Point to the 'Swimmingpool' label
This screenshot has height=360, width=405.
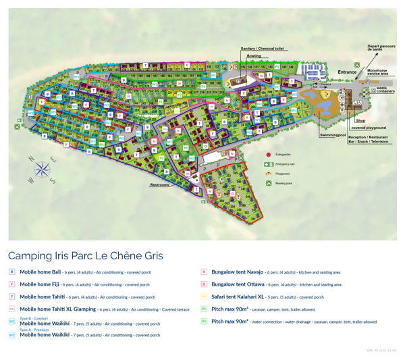[x=332, y=135]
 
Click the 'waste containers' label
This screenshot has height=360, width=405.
[x=385, y=91]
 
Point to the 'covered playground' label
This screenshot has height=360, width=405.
[x=368, y=128]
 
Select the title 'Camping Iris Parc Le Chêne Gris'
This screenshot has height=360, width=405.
[x=86, y=256]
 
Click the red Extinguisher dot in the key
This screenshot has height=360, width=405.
[x=269, y=155]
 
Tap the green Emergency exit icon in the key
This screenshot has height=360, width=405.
[x=269, y=164]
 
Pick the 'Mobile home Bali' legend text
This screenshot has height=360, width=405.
[x=40, y=272]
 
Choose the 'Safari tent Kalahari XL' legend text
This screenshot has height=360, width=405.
[x=240, y=297]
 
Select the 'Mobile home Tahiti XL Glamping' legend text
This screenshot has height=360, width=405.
[x=60, y=309]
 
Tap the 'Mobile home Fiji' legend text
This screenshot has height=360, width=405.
[x=40, y=284]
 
